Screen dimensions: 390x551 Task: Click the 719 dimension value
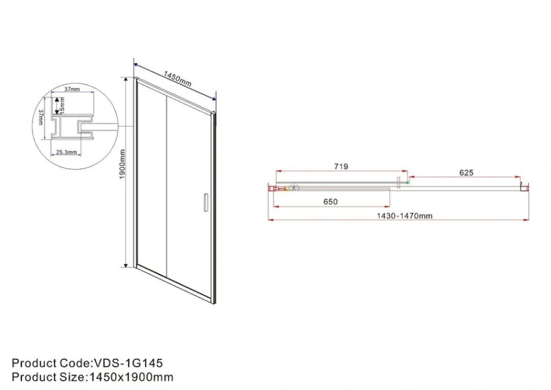(341, 167)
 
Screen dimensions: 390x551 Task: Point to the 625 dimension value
(466, 173)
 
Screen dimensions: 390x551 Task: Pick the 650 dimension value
(330, 201)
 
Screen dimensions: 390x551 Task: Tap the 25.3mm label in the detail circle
(66, 152)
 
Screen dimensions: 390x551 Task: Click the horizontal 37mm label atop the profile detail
(72, 90)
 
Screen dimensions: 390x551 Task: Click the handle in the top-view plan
(399, 182)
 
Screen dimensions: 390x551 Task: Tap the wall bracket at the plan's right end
(524, 188)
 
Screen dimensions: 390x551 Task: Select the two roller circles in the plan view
(294, 188)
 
